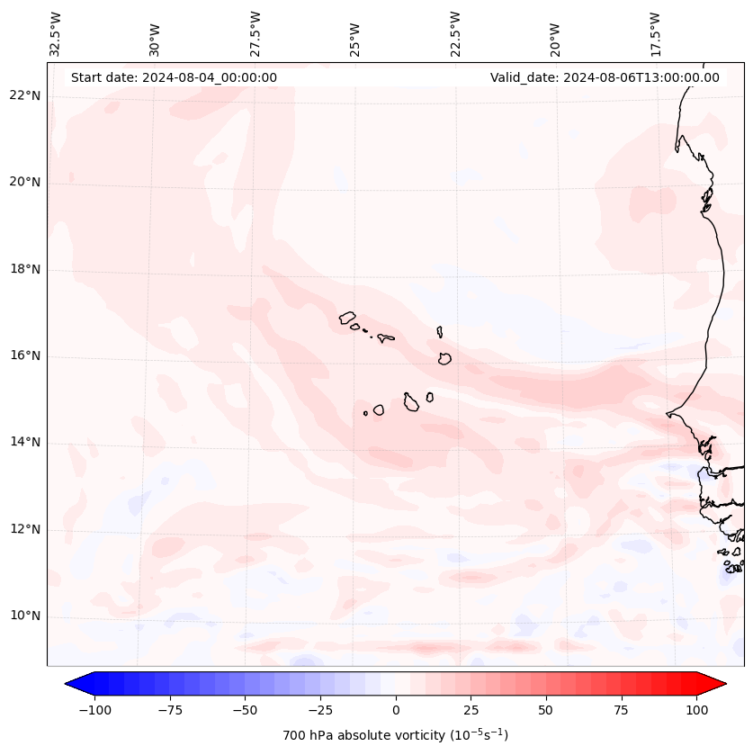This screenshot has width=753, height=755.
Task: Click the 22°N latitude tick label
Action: tap(25, 95)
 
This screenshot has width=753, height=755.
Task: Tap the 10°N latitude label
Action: tap(25, 616)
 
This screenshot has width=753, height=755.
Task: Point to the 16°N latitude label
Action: tap(25, 356)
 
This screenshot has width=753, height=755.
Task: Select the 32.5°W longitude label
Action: tap(56, 33)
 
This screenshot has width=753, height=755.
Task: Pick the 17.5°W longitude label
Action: tap(655, 33)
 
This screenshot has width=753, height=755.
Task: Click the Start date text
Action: tap(174, 77)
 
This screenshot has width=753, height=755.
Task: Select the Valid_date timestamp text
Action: tap(605, 77)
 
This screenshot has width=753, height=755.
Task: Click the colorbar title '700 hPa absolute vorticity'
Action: tap(396, 736)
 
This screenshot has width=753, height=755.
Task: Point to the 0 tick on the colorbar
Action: tap(396, 710)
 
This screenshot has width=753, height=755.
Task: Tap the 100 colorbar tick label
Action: tap(696, 710)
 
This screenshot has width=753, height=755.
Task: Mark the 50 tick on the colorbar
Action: tap(546, 710)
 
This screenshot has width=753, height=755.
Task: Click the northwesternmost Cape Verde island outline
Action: tap(347, 318)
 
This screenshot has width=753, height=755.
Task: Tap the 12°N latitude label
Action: tap(25, 530)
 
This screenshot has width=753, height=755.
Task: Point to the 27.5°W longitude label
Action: tap(255, 33)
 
